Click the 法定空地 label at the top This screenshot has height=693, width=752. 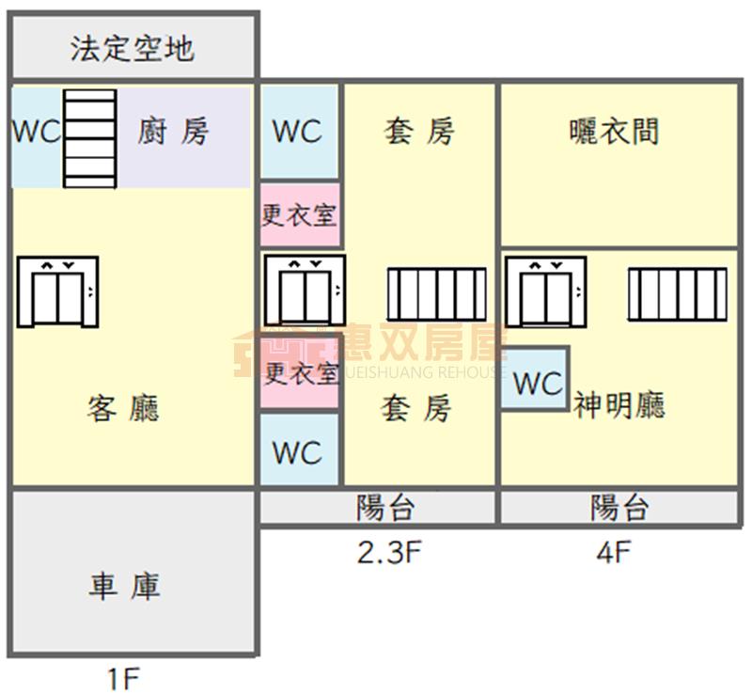(x=133, y=48)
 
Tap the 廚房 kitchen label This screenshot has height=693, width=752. (x=173, y=132)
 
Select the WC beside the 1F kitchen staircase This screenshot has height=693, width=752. (x=36, y=132)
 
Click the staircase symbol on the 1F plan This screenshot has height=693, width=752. (x=90, y=137)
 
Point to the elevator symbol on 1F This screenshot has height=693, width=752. (x=57, y=291)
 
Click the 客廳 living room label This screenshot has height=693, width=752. (x=123, y=408)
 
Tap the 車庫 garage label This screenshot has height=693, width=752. (x=125, y=587)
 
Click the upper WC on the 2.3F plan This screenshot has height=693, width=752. (x=298, y=132)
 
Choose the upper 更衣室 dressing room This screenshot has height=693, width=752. (x=299, y=214)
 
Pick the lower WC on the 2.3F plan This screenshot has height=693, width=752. (x=298, y=452)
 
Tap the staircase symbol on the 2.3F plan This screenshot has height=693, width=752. (x=437, y=295)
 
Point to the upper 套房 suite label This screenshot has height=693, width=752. (x=419, y=132)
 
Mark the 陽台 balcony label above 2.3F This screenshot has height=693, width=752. (x=385, y=509)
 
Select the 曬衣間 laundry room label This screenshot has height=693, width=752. (x=615, y=132)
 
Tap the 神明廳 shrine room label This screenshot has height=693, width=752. (x=619, y=405)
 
